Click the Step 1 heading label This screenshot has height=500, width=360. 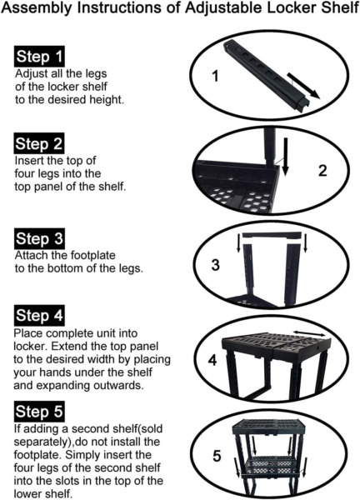coord(39,57)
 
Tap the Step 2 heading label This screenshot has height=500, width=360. coord(39,143)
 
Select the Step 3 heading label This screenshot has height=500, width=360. coord(39,238)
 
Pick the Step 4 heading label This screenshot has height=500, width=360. coord(39,315)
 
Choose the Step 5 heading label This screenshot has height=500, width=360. coord(39,412)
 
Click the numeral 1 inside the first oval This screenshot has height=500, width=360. coord(216,76)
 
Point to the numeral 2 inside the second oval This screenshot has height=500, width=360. coord(322,171)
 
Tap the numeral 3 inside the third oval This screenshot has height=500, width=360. coord(216,265)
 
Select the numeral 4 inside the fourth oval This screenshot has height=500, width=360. coord(212,360)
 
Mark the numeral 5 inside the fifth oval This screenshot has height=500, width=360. coord(217,456)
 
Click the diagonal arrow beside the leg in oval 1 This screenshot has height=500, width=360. coord(303,86)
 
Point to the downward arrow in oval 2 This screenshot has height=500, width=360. coord(286,157)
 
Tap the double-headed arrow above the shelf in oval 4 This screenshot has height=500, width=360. coord(309,332)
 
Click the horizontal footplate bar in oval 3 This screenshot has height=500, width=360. coord(272,236)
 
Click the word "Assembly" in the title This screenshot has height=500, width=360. coord(37,8)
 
